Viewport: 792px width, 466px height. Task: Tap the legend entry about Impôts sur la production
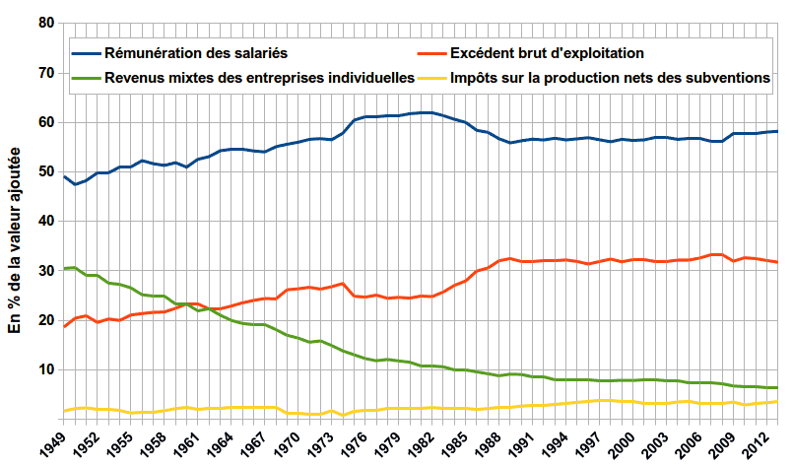[609, 77]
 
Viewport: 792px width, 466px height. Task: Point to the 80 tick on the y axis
[43, 23]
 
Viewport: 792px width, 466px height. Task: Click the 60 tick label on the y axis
[43, 122]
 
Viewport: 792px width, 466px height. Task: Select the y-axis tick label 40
[43, 222]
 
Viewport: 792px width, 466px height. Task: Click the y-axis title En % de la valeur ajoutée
[15, 236]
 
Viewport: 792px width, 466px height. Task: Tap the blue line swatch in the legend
[86, 52]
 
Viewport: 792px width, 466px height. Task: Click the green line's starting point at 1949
[64, 268]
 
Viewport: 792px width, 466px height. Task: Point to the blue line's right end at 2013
[777, 131]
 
